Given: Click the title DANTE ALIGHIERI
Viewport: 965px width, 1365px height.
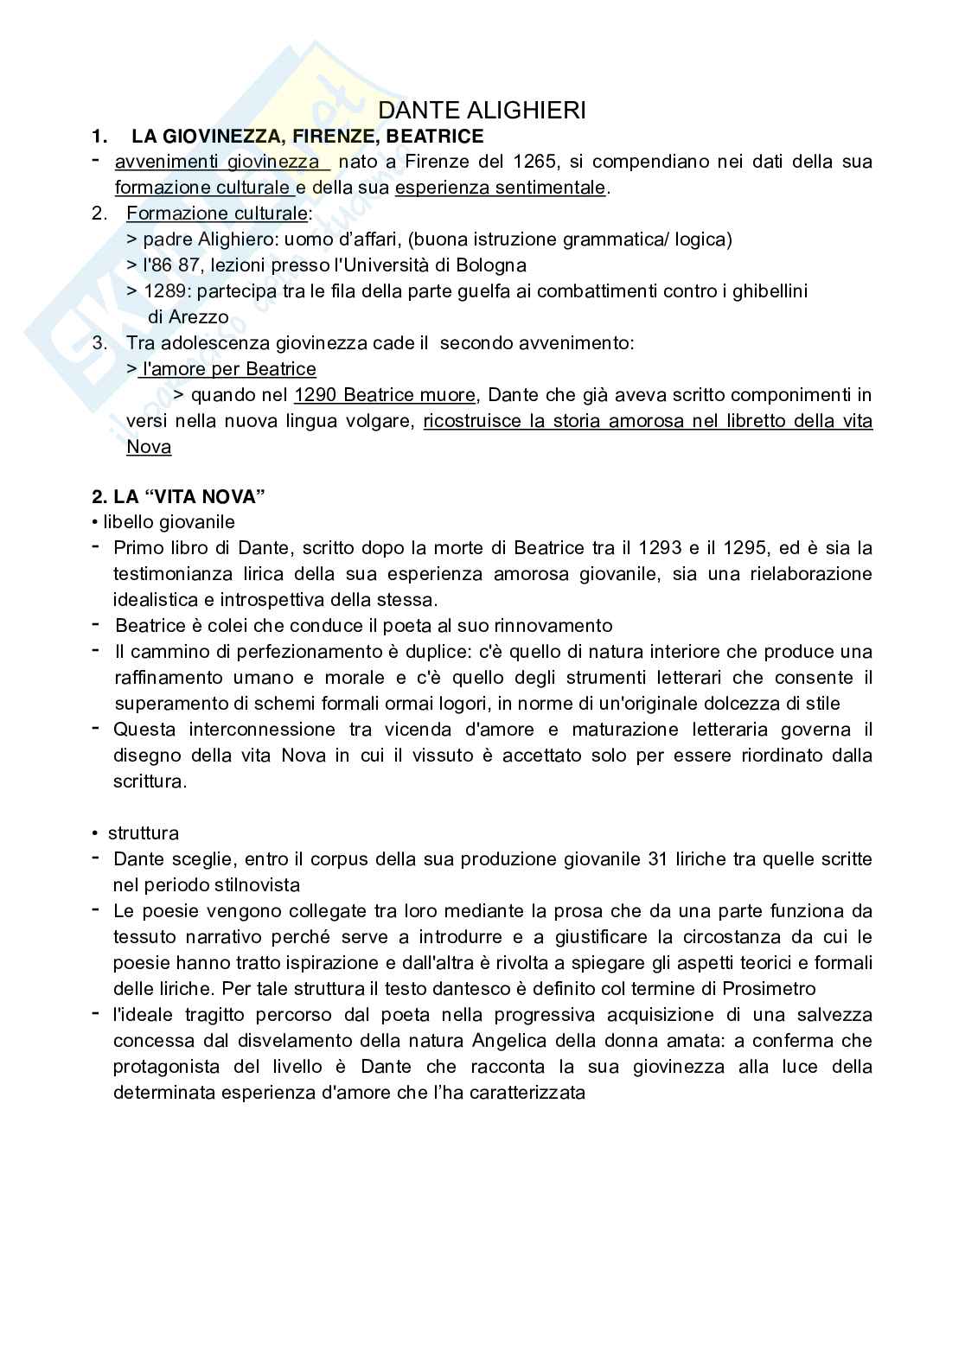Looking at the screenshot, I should point(482,111).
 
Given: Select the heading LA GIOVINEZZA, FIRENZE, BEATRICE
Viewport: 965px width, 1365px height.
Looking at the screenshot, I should point(307,136).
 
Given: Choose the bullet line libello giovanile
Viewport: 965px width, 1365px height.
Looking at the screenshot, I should point(169,522).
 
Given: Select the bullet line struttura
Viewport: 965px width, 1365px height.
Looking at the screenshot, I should point(143,833).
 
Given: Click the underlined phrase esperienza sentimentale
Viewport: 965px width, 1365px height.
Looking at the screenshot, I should point(500,188).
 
